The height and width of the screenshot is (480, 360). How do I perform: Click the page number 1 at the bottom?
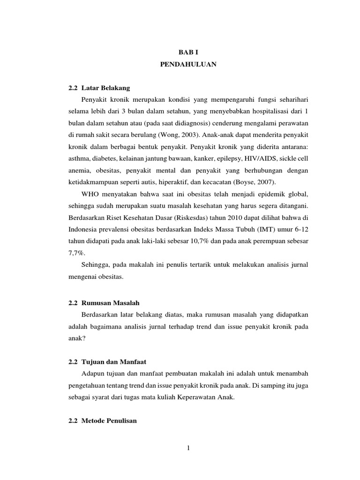click(188, 448)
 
